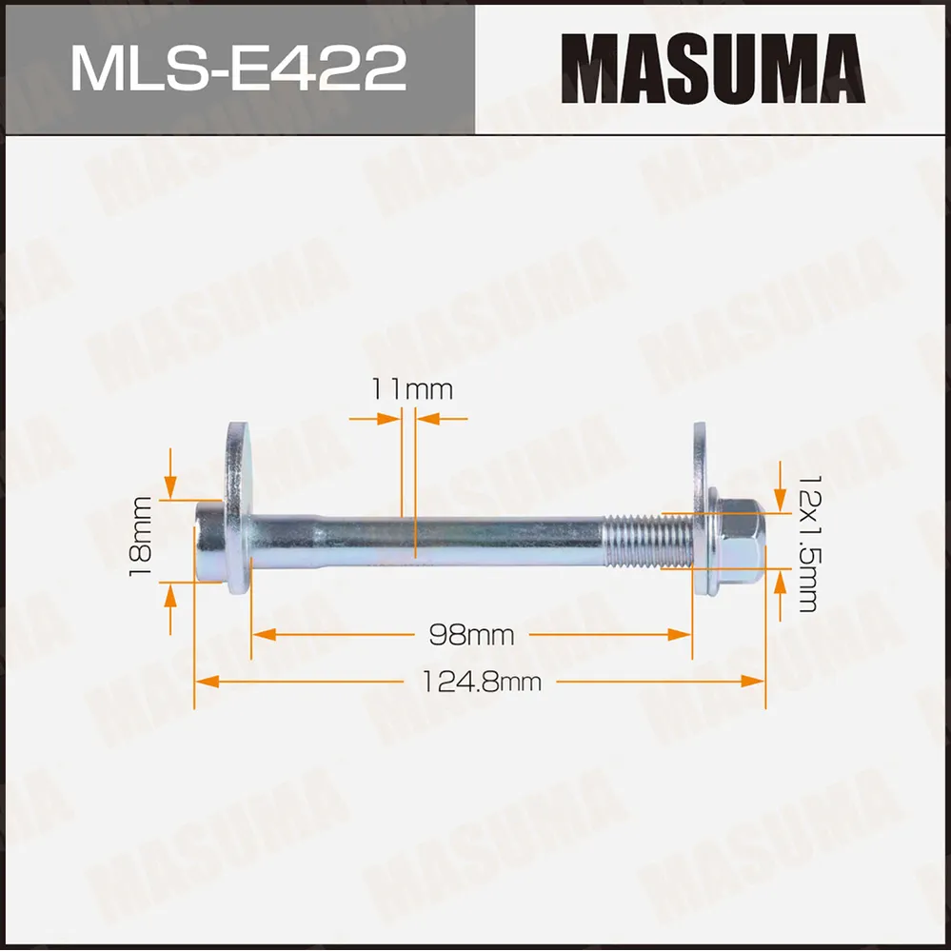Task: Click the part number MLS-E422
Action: pyautogui.click(x=238, y=69)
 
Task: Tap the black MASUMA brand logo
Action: pyautogui.click(x=713, y=69)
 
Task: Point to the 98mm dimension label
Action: pyautogui.click(x=471, y=634)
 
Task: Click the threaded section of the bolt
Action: pyautogui.click(x=647, y=541)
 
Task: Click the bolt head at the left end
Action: pyautogui.click(x=208, y=540)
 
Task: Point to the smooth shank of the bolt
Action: pyautogui.click(x=428, y=540)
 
